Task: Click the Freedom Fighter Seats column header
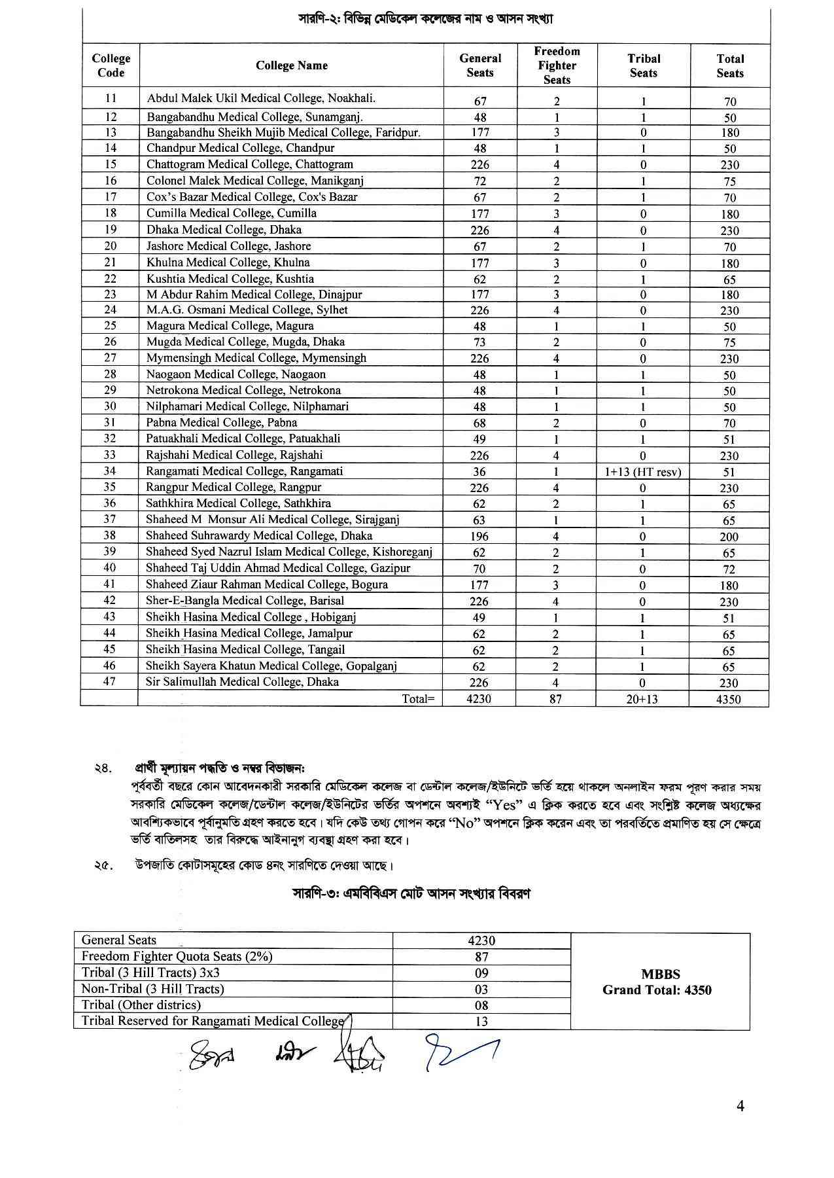point(557,65)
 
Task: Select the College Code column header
point(111,65)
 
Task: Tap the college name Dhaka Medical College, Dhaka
point(224,230)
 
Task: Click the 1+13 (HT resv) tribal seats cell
point(642,472)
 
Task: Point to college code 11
point(111,98)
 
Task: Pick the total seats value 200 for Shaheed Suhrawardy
point(729,537)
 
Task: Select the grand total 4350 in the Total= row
point(729,699)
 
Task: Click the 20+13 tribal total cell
point(642,699)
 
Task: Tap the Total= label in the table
point(418,699)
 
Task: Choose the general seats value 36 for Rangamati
point(479,472)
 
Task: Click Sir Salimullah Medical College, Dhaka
point(242,682)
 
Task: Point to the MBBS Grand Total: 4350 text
point(657,982)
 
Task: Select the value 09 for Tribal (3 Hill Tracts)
point(481,973)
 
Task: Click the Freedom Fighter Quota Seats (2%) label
point(177,957)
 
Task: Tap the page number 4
point(740,1107)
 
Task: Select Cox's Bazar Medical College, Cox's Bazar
point(252,197)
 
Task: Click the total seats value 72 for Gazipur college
point(729,569)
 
